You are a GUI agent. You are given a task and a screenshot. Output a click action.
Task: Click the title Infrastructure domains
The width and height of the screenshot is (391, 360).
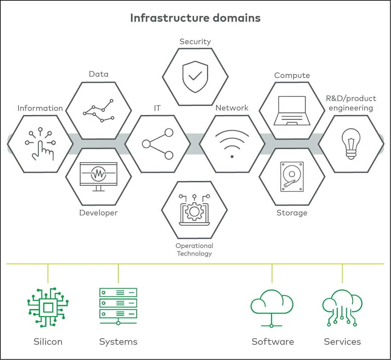click(195, 18)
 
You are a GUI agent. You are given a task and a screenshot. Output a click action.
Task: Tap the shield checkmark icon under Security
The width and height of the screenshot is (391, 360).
click(195, 77)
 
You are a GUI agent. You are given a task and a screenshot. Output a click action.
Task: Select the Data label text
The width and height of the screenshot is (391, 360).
click(98, 74)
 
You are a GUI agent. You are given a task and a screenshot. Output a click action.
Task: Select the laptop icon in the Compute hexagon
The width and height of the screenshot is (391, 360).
click(292, 111)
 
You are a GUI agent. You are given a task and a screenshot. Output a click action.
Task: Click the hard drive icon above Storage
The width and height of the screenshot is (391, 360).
click(292, 177)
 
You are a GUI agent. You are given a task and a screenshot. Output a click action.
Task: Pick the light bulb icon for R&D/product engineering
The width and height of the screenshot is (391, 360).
click(351, 144)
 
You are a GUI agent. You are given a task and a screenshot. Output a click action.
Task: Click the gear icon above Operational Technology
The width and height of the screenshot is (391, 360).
click(194, 210)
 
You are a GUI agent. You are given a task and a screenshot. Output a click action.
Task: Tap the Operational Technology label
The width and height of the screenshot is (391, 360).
click(194, 250)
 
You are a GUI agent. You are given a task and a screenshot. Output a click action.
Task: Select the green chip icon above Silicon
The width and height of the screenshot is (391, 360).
click(48, 307)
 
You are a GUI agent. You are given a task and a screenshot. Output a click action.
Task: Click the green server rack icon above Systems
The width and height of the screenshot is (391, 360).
click(118, 306)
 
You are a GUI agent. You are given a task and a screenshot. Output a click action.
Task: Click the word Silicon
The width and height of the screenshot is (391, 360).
click(48, 341)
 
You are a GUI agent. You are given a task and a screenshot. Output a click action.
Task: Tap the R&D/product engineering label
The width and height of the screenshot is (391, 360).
click(351, 103)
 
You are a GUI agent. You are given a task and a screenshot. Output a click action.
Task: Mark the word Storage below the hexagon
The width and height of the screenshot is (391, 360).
click(292, 213)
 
